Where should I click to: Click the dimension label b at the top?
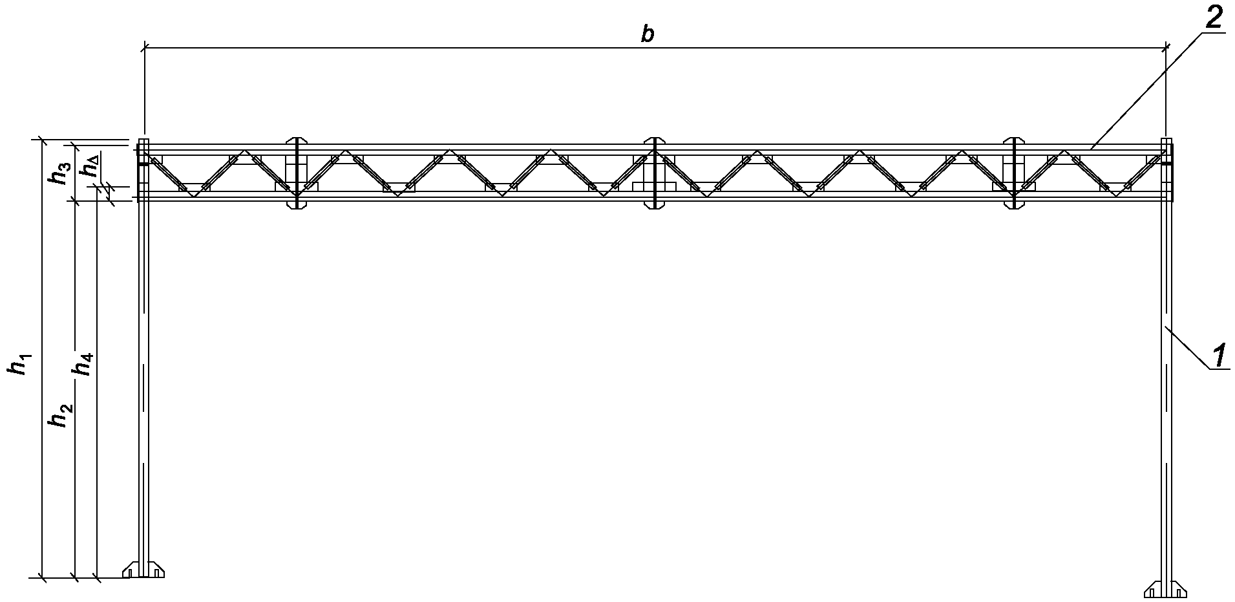tap(648, 35)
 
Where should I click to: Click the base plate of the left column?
tap(143, 570)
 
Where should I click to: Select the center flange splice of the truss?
tap(655, 173)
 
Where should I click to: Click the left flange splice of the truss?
tap(296, 173)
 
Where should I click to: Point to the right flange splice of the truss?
tap(1013, 173)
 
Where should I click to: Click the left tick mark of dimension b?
tap(144, 47)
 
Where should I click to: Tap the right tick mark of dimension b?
tap(1166, 47)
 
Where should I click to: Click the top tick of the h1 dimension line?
tap(42, 139)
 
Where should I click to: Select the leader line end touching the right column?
tap(1166, 328)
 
